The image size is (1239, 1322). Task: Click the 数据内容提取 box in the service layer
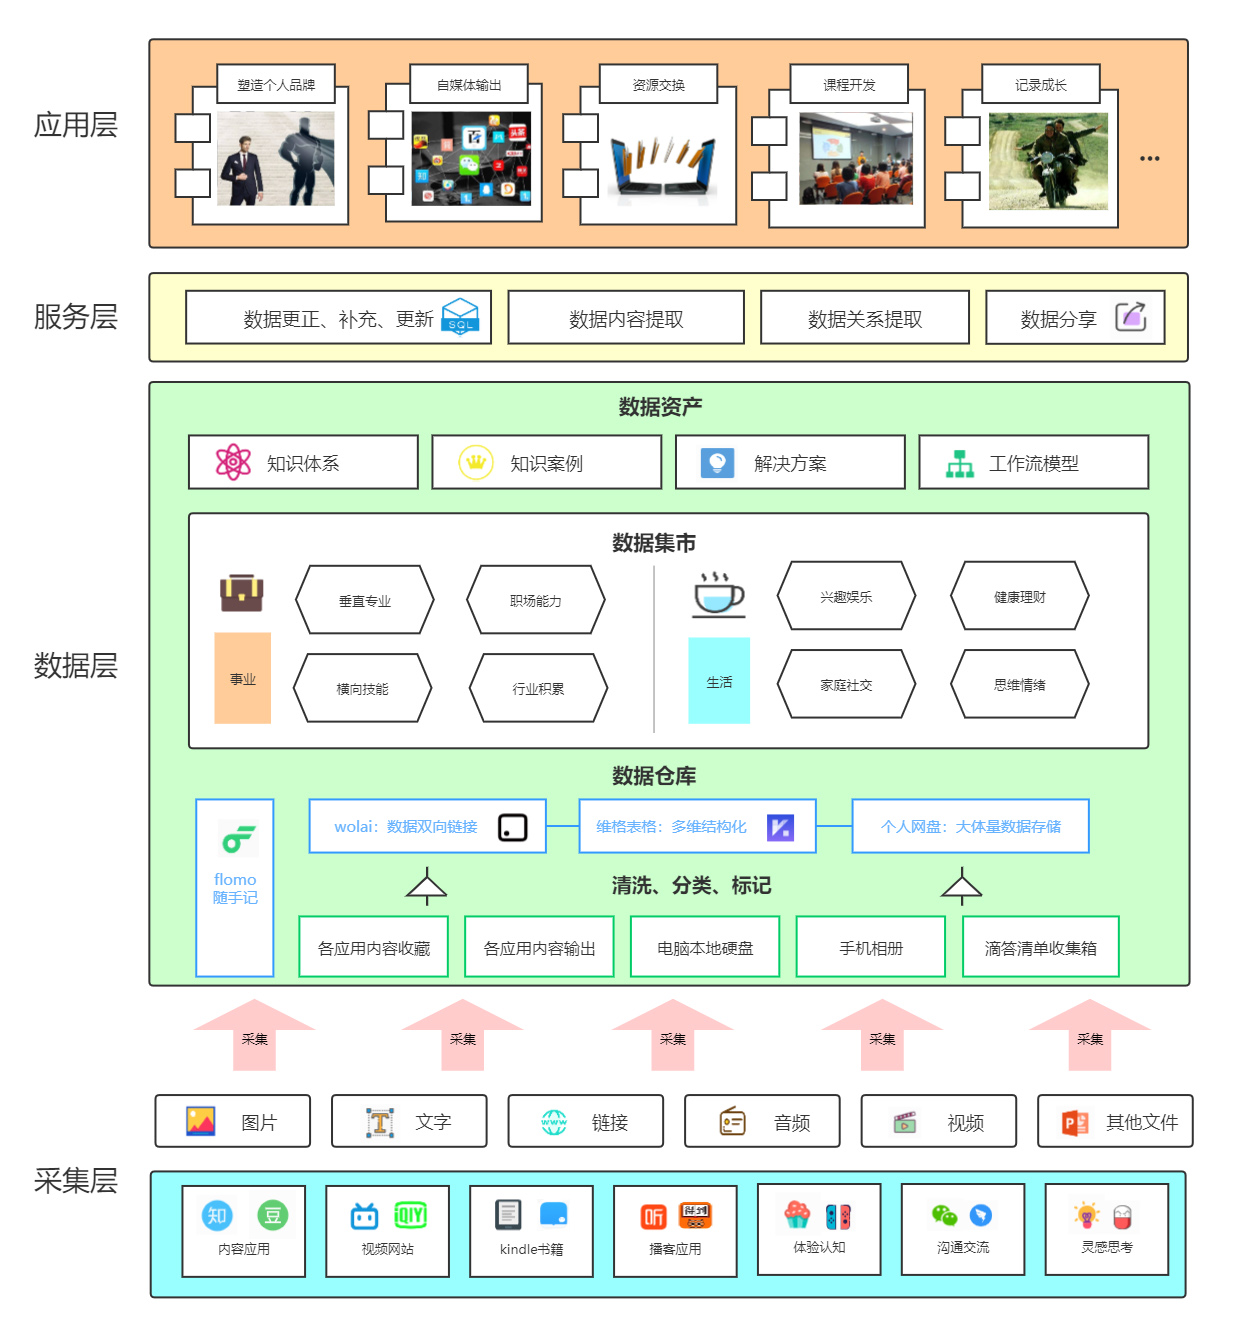point(626,318)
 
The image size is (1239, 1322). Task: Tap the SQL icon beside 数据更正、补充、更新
point(460,316)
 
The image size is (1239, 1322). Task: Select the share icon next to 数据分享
point(1130,316)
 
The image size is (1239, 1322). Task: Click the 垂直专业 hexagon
point(365,600)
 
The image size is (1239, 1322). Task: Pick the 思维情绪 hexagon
point(1019,684)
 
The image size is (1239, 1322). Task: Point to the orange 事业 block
point(242,678)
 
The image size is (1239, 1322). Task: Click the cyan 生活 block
point(719,681)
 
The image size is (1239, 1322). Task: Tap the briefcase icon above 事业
point(242,593)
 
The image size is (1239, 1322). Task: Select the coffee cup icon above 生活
point(718,594)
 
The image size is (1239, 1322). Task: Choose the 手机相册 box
point(870,947)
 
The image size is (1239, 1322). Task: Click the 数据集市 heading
point(654,543)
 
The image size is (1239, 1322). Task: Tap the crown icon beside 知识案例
point(476,462)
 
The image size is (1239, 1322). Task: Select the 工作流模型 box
point(1033,462)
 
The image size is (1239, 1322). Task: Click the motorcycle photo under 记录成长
point(1048,161)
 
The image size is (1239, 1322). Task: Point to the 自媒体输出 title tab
point(469,85)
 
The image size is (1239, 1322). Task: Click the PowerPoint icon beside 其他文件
point(1075,1122)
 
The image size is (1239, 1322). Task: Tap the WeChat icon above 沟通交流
point(944,1215)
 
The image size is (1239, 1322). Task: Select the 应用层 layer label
point(76,125)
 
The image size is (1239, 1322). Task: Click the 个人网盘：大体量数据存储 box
point(970,826)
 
